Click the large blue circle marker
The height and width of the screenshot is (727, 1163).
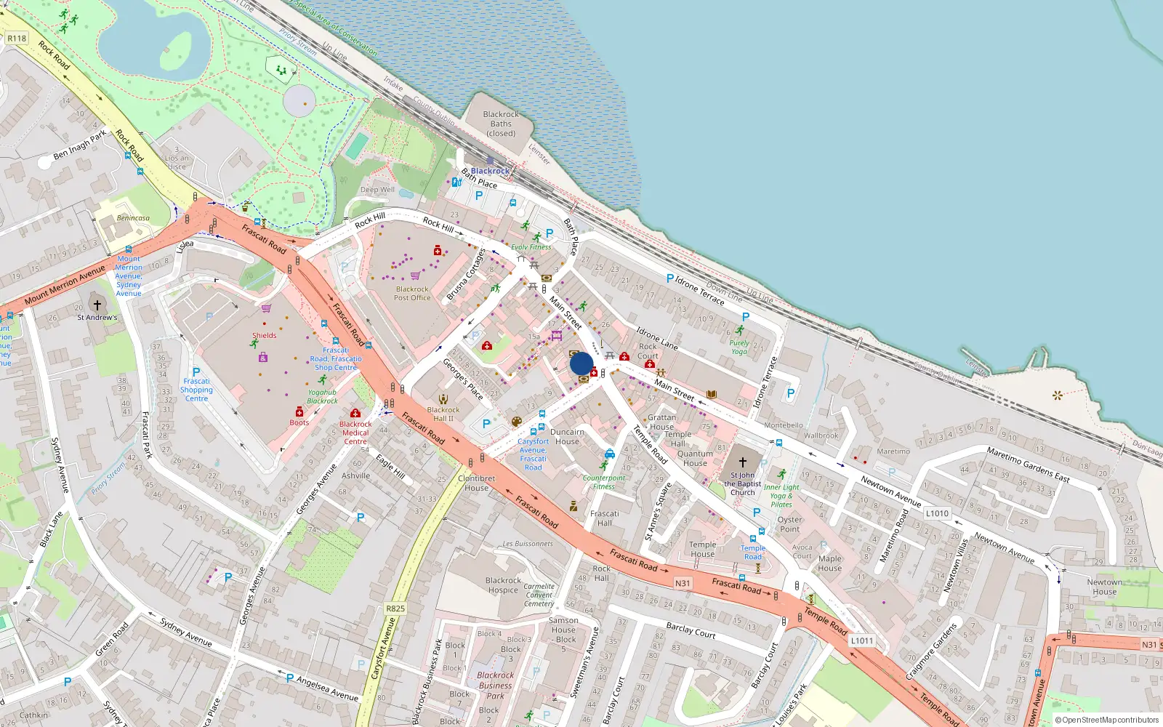pos(581,363)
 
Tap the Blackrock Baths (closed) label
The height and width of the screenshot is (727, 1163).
pos(501,124)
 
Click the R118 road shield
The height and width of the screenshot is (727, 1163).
pos(17,38)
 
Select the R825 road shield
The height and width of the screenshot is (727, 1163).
pos(395,608)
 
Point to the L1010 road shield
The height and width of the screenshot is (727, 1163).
pos(937,513)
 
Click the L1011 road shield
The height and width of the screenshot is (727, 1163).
pos(862,640)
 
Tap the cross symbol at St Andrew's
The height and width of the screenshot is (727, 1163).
pos(97,305)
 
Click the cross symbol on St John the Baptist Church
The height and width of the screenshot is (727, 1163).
pos(743,462)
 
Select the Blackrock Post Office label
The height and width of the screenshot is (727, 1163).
pos(412,293)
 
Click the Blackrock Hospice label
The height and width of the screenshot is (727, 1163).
pos(503,585)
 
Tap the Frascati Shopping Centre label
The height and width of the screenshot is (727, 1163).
pos(196,390)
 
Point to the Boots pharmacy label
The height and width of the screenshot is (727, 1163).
pos(299,422)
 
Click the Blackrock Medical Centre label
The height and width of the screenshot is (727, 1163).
pos(355,433)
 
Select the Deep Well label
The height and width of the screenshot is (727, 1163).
pos(377,190)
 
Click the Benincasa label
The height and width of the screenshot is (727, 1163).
pos(133,218)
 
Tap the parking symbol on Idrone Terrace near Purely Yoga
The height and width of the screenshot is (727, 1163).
pos(745,317)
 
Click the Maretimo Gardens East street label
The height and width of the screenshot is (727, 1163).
pos(1028,465)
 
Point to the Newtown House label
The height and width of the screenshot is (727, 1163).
pos(1104,587)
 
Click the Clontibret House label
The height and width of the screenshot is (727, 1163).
pos(476,483)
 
